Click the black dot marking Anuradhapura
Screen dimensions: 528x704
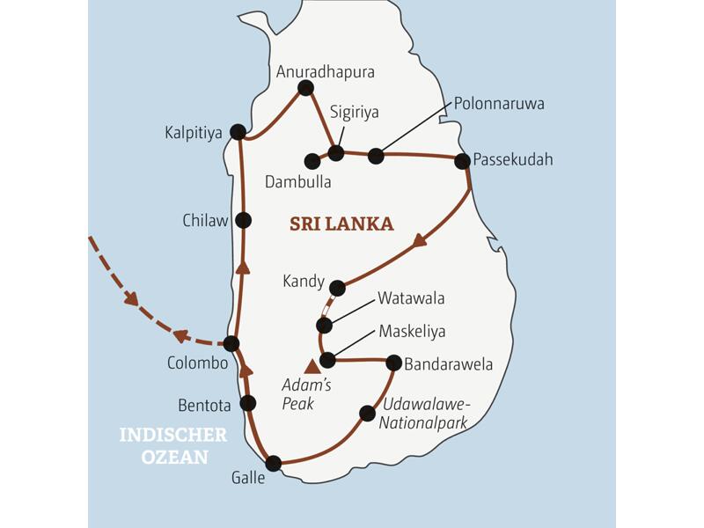coord(305,87)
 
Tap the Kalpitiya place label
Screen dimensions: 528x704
coord(193,133)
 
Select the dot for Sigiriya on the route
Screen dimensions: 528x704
coord(335,153)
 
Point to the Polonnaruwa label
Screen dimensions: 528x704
coord(499,104)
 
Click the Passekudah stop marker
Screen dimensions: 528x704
coord(461,161)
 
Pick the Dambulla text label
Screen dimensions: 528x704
coord(298,182)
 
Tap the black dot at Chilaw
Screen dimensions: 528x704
coord(244,220)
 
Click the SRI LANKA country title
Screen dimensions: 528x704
coord(341,224)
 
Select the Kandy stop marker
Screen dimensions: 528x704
coord(337,287)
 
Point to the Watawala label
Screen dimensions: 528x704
coord(411,298)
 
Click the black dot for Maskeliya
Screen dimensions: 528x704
coord(327,360)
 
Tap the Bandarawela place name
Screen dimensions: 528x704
coord(448,363)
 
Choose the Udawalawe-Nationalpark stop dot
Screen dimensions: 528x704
coord(368,412)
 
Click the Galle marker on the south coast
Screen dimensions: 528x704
coord(274,463)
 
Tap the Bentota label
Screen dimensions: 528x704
coord(204,406)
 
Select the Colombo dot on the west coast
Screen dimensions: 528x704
coord(231,343)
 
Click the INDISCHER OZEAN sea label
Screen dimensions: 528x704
coord(173,445)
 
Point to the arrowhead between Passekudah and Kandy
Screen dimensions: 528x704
coord(420,239)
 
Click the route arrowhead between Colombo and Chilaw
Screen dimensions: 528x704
coord(243,268)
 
